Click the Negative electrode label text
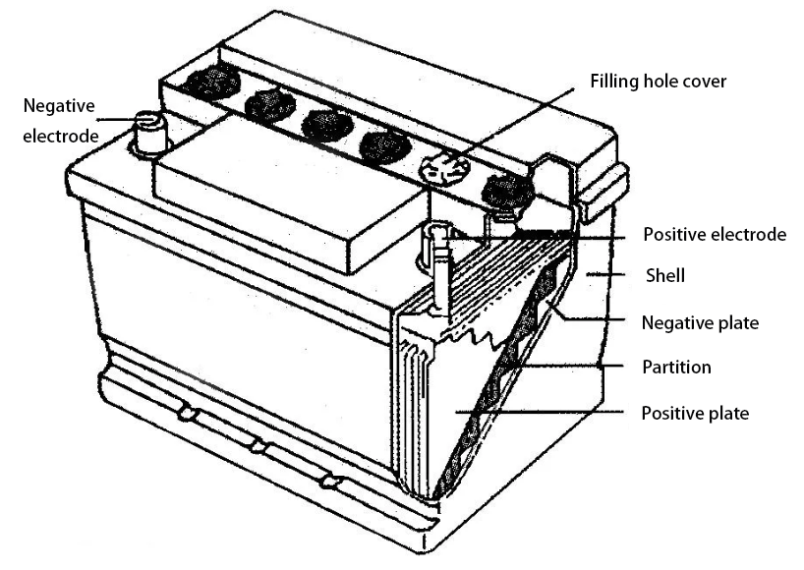pos(61,119)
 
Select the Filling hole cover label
pos(658,81)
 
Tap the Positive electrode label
pos(714,235)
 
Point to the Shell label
pos(664,277)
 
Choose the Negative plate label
pos(699,322)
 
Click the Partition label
pos(675,368)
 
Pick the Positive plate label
pos(694,413)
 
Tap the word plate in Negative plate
pos(738,322)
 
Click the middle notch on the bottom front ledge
pos(258,448)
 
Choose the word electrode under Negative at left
pos(61,135)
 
